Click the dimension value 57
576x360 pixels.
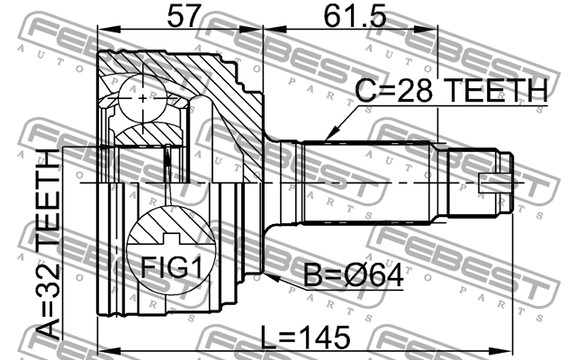[x=184, y=16]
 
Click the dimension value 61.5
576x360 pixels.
[x=355, y=16]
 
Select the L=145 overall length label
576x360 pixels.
[x=305, y=337]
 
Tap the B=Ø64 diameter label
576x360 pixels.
[x=353, y=275]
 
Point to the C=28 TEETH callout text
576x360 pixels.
[x=451, y=90]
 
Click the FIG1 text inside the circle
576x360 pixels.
[x=172, y=267]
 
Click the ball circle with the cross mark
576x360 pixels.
[x=142, y=98]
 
